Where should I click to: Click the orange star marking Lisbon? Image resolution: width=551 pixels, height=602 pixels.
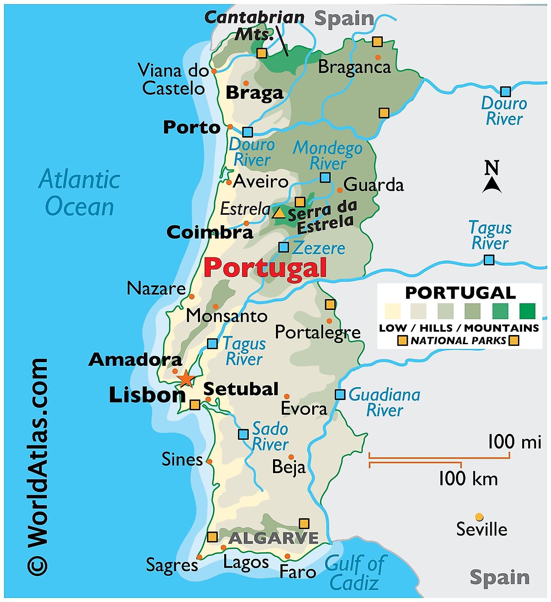pyautogui.click(x=185, y=379)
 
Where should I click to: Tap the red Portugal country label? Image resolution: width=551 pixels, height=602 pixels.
pyautogui.click(x=265, y=268)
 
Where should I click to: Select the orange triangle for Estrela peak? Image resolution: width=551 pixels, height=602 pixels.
pyautogui.click(x=279, y=214)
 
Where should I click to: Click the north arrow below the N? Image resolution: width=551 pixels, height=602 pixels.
pyautogui.click(x=492, y=185)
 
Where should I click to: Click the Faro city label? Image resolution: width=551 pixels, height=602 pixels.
pyautogui.click(x=298, y=571)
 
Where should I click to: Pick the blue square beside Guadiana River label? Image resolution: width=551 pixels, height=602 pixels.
pyautogui.click(x=340, y=394)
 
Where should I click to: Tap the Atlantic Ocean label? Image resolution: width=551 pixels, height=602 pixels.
pyautogui.click(x=79, y=193)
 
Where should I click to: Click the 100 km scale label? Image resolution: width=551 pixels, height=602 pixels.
pyautogui.click(x=468, y=479)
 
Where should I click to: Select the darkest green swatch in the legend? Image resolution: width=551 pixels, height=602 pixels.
pyautogui.click(x=527, y=311)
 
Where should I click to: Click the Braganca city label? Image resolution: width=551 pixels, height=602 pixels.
pyautogui.click(x=354, y=67)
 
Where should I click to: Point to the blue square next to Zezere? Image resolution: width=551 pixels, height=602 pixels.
pyautogui.click(x=283, y=247)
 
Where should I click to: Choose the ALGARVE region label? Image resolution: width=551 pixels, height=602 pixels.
pyautogui.click(x=273, y=538)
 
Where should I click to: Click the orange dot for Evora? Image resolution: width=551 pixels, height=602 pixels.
pyautogui.click(x=287, y=396)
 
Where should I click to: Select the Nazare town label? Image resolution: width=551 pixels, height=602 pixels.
pyautogui.click(x=156, y=288)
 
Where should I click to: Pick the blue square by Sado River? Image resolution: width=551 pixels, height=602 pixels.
pyautogui.click(x=243, y=434)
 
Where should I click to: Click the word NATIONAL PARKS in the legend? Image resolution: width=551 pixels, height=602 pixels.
pyautogui.click(x=458, y=340)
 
